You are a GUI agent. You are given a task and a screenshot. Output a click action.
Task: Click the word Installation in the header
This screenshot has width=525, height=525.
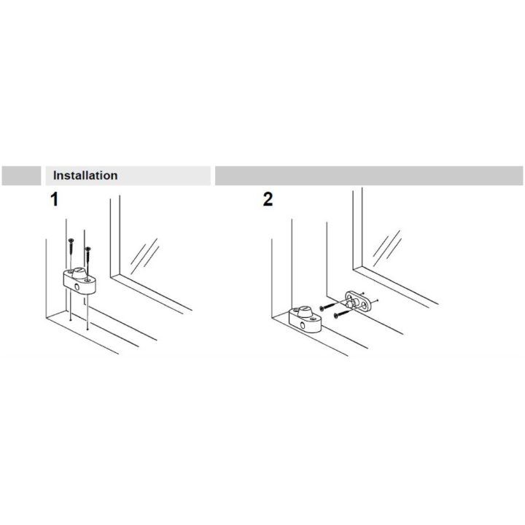85,176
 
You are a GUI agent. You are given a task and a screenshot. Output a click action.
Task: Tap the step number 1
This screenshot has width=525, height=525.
54,200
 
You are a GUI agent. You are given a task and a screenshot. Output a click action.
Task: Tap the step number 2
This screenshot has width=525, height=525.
268,200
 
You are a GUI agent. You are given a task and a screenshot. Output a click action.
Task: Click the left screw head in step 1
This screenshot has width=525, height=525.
71,241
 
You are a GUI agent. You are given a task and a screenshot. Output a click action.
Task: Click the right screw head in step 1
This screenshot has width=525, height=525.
87,249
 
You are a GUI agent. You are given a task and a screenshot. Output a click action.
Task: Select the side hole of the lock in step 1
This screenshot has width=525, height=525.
77,287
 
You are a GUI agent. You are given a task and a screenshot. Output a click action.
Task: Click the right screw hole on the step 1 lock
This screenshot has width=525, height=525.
87,279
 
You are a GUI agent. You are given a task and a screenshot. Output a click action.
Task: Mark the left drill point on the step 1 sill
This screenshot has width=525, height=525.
70,320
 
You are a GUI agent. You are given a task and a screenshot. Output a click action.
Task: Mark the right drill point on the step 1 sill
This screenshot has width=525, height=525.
87,330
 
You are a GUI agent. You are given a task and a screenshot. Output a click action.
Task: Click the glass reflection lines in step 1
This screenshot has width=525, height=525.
144,255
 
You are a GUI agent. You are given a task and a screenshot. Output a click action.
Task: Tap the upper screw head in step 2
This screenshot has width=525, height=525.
322,308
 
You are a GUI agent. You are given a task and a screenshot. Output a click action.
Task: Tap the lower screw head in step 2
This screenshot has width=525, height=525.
336,316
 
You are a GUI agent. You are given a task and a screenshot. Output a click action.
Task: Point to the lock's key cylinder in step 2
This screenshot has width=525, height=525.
306,312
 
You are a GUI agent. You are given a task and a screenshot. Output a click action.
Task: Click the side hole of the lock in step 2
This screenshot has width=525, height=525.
303,325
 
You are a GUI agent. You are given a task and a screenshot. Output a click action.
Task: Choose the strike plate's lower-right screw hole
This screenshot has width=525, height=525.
363,304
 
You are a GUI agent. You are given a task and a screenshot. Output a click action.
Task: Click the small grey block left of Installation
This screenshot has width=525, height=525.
21,176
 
